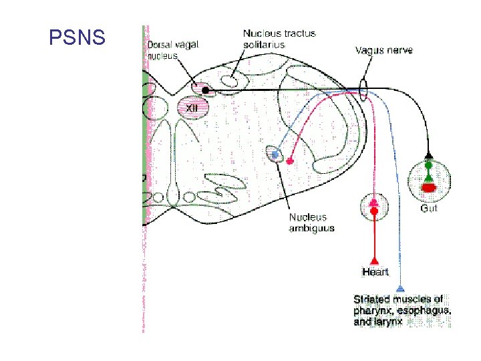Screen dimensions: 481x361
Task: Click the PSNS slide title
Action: (x=77, y=37)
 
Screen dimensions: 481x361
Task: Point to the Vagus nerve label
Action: (x=383, y=50)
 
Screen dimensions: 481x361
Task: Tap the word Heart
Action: (x=375, y=271)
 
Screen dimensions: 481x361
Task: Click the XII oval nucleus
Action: (x=192, y=107)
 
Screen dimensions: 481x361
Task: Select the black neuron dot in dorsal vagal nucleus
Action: (x=206, y=90)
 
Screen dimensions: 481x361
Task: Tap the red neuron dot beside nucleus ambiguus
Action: (x=290, y=160)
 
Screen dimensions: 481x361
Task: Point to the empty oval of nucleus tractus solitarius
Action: (x=228, y=81)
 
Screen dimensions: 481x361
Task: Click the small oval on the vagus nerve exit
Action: (x=363, y=89)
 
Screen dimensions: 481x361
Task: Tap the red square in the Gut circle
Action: (x=429, y=188)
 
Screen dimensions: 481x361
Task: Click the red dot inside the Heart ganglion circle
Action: (x=375, y=211)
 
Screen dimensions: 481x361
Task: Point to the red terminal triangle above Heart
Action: (x=375, y=259)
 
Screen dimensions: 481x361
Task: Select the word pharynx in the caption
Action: (x=374, y=310)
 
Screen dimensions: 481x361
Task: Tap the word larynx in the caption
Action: (x=389, y=322)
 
